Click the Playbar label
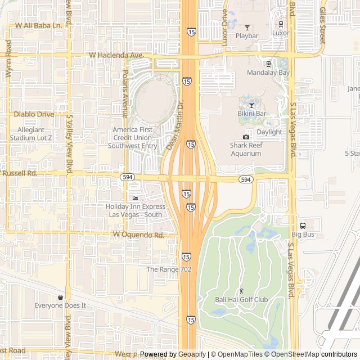pos(247,36)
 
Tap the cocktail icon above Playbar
pos(247,27)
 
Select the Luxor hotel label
pos(281,33)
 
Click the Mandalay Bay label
pos(269,73)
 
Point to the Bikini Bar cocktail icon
pos(251,105)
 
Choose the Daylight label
pos(269,132)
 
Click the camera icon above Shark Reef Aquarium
pos(246,137)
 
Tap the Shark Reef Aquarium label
pos(246,149)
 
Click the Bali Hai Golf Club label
pos(241,300)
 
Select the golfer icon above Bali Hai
pos(242,291)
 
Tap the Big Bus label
pos(303,234)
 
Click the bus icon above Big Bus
pos(303,225)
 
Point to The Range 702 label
pos(169,269)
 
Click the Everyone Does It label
pos(60,305)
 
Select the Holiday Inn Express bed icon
pos(135,198)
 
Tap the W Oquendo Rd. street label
pos(138,235)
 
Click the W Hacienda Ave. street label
pos(116,56)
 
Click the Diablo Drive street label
pos(34,114)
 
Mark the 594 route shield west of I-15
pos(127,177)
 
